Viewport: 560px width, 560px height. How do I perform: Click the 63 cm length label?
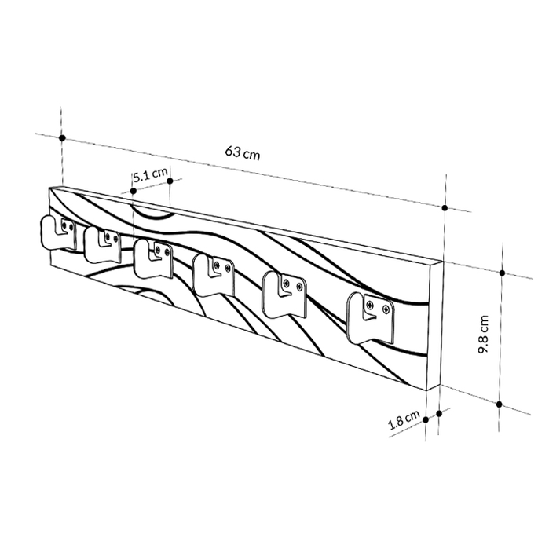[242, 153]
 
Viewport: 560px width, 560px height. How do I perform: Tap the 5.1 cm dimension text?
[149, 175]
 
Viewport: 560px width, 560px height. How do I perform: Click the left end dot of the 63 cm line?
[61, 137]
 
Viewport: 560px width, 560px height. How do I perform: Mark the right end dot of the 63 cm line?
[445, 208]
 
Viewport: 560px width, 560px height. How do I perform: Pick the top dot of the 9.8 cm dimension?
[501, 273]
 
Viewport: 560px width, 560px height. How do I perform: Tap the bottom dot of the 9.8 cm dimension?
[500, 404]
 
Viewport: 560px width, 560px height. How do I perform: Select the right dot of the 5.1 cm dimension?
[170, 181]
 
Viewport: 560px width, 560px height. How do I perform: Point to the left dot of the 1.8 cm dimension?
[426, 419]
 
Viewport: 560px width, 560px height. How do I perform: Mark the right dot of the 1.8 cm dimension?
[437, 411]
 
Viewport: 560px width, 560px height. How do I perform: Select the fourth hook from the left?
[214, 274]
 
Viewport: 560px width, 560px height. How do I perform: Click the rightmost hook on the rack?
[370, 316]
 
